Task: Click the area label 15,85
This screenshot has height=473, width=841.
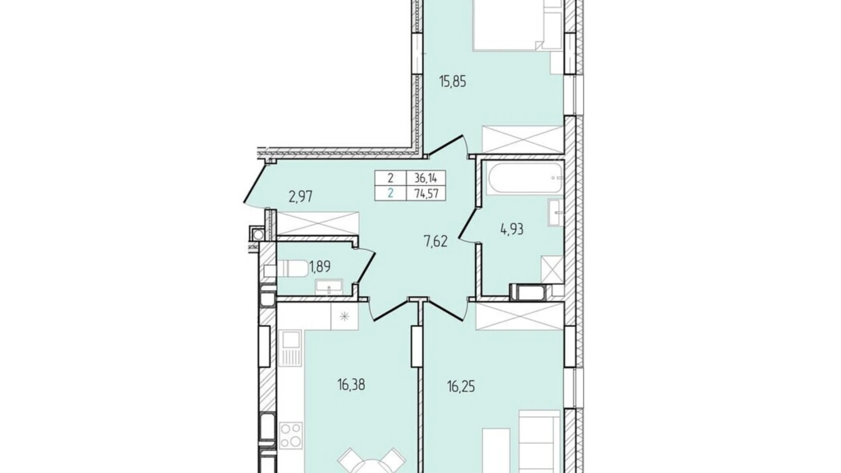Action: tap(452, 82)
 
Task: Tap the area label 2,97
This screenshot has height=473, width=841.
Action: tap(300, 197)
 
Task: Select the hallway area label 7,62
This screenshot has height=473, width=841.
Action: tap(436, 241)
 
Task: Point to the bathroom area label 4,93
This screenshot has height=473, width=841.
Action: tap(512, 229)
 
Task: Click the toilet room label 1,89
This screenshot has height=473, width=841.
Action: tap(320, 267)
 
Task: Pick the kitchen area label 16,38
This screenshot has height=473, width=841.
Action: tap(351, 385)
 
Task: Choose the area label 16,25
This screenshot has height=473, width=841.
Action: tap(461, 387)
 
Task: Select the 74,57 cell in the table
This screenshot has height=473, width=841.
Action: tap(426, 193)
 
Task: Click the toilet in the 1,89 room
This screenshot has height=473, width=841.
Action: tap(291, 268)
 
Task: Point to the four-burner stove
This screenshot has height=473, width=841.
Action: tap(290, 435)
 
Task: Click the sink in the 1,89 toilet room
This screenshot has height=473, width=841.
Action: tap(329, 287)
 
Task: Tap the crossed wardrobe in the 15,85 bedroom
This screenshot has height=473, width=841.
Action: tap(522, 139)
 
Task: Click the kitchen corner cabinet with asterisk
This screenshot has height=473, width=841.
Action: tap(345, 316)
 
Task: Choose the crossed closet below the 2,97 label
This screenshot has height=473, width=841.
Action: tap(318, 223)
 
